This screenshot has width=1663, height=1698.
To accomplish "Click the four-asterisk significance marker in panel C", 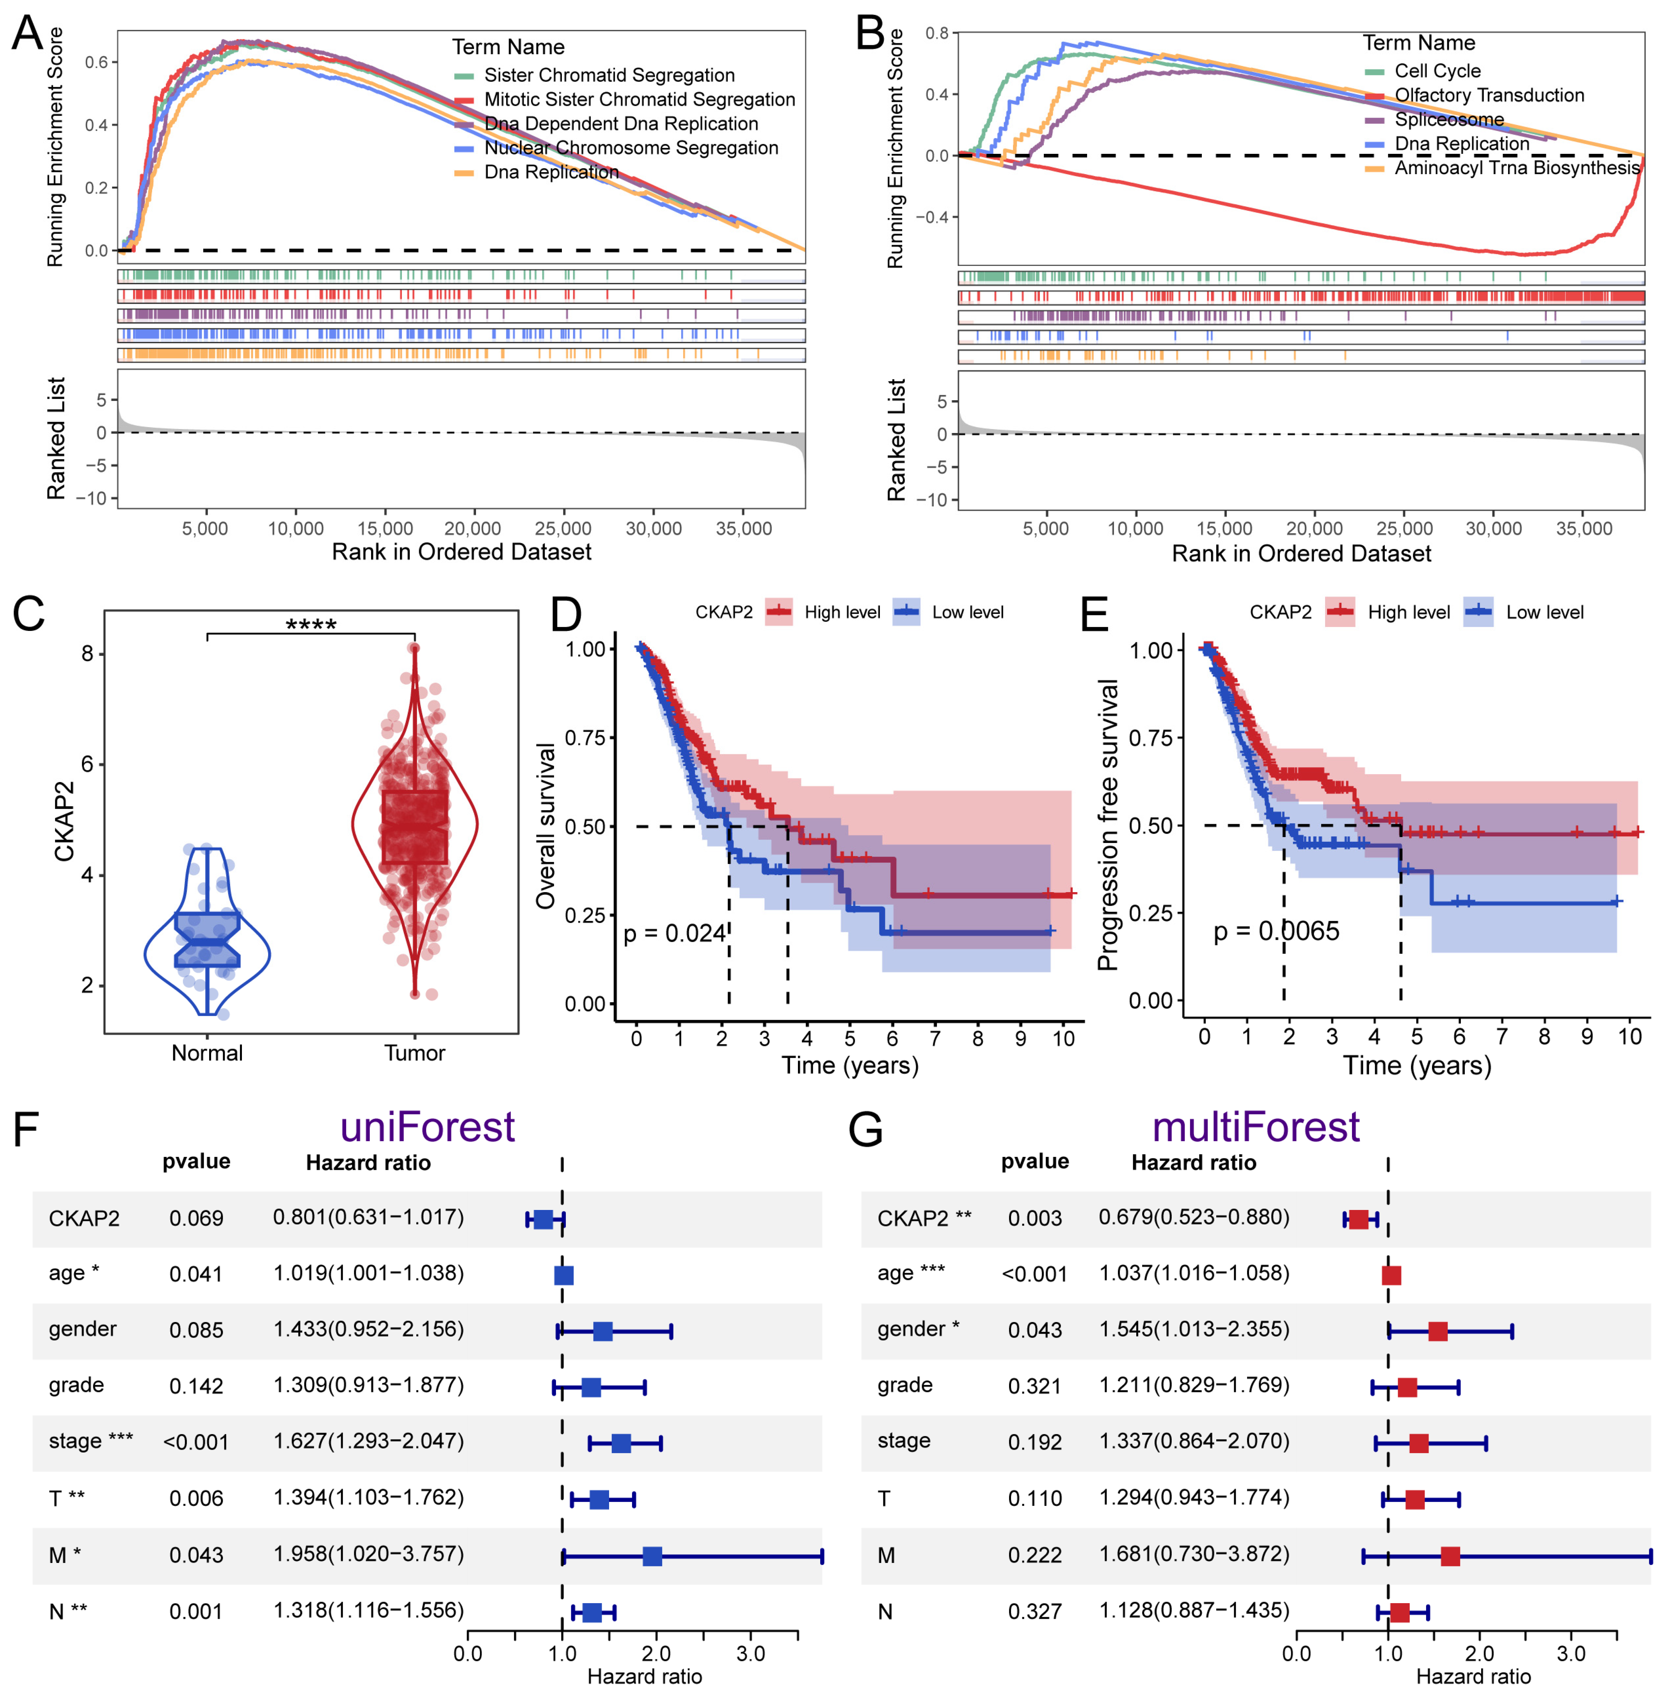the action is (x=311, y=624).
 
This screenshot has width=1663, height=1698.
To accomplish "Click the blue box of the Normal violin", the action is (x=207, y=939).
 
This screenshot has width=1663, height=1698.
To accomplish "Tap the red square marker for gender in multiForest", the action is (x=1437, y=1331).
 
